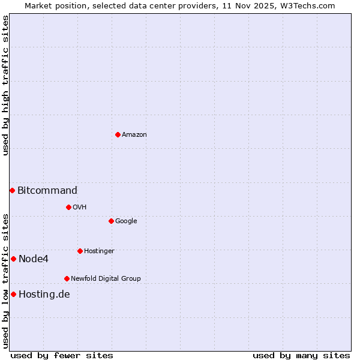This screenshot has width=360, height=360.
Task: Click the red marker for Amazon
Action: [x=118, y=134]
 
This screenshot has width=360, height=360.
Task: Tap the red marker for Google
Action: [x=111, y=221]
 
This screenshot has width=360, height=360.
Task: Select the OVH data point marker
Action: [x=68, y=207]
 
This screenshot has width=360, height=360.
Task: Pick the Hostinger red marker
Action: [x=80, y=251]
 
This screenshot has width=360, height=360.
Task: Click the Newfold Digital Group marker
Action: [x=67, y=278]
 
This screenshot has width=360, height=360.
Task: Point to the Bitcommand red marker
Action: [x=12, y=190]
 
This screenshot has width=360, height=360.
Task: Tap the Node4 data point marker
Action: [x=13, y=259]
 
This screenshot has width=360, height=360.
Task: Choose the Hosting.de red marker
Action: [x=13, y=294]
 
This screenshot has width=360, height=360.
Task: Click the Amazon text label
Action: [x=134, y=135]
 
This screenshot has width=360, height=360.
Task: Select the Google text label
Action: [x=126, y=221]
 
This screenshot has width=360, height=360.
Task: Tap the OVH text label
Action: [x=80, y=208]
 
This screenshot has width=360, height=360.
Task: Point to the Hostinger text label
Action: [x=99, y=251]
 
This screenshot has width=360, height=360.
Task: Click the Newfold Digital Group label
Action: [x=106, y=279]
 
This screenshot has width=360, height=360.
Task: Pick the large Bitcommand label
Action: [x=47, y=191]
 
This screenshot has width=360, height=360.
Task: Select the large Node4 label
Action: [x=34, y=259]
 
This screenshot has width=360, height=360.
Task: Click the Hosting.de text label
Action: [x=44, y=295]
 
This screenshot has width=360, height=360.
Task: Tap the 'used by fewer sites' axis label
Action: [x=62, y=355]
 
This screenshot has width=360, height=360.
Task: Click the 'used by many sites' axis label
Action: [x=301, y=355]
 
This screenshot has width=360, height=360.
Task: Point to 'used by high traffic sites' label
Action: [x=6, y=85]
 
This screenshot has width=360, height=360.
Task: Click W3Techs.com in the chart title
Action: [x=308, y=5]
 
